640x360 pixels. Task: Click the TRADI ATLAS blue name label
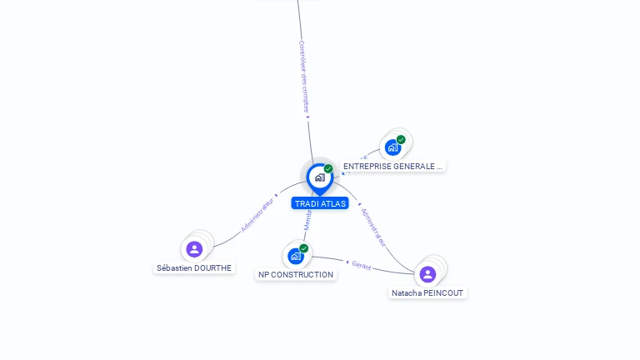[320, 203]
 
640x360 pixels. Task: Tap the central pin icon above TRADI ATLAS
[319, 177]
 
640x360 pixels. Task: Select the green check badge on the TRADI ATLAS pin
[328, 168]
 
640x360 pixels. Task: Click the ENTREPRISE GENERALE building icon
[392, 147]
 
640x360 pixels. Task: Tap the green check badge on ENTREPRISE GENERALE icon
[401, 139]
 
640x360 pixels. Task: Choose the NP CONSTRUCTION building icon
[295, 256]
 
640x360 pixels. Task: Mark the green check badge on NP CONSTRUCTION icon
[303, 248]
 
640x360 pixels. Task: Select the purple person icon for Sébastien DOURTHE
[194, 249]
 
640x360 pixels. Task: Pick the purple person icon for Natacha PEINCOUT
[427, 274]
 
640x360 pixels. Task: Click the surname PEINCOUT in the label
[444, 293]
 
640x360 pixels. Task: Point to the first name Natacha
[407, 293]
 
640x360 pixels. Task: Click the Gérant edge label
[361, 265]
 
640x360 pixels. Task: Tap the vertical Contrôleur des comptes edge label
[304, 77]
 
